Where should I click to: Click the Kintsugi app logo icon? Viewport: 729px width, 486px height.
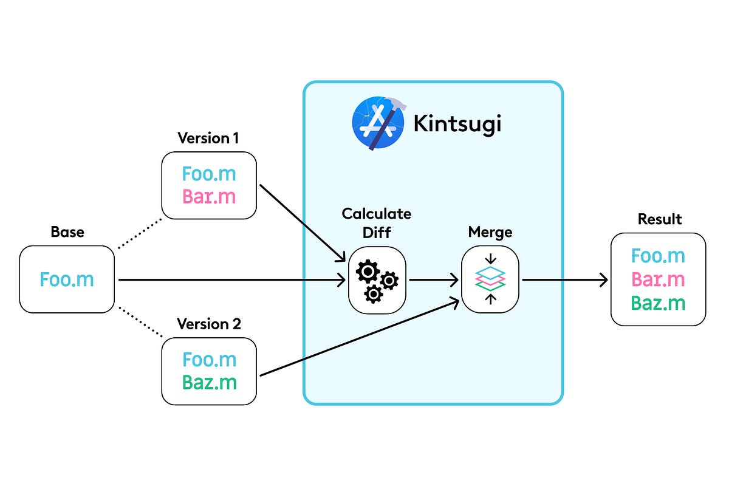coord(378,123)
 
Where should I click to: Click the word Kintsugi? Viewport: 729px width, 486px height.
coord(457,124)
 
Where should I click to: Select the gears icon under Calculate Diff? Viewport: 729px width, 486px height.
coord(377,280)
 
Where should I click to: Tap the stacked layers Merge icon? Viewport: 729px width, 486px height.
coord(490,280)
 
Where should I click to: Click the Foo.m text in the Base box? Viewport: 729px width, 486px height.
coord(67,279)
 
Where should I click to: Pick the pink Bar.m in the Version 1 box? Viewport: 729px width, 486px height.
coord(209,197)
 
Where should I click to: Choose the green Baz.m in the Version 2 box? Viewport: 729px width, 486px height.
coord(209,383)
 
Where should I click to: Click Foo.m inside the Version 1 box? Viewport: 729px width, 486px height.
coord(209,174)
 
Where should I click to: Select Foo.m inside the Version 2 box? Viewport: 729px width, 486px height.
coord(209,360)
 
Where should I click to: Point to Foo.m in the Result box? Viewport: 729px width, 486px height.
coord(658,256)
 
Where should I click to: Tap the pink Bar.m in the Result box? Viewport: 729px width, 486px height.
coord(658,279)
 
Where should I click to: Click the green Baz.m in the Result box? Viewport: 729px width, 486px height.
coord(658,303)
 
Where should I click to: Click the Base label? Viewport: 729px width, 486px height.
coord(67,232)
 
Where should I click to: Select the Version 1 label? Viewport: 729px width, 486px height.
coord(208,138)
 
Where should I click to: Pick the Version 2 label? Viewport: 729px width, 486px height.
coord(208,324)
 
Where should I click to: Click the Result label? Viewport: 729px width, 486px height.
coord(660,219)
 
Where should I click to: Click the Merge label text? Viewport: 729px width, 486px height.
coord(490,232)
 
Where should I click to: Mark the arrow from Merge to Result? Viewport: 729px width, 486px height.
coord(565,280)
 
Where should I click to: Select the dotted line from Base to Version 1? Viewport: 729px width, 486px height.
coord(139,233)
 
